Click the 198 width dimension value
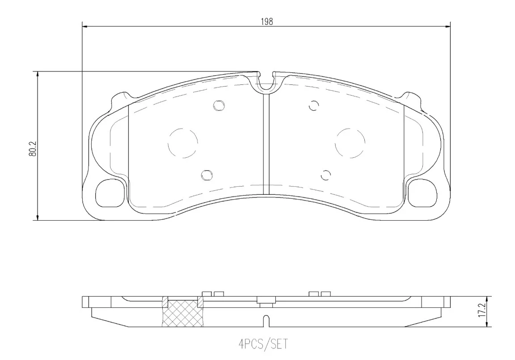click(267, 21)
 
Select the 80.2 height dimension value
click(32, 148)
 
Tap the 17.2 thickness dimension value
click(482, 310)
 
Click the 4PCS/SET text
click(263, 344)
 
